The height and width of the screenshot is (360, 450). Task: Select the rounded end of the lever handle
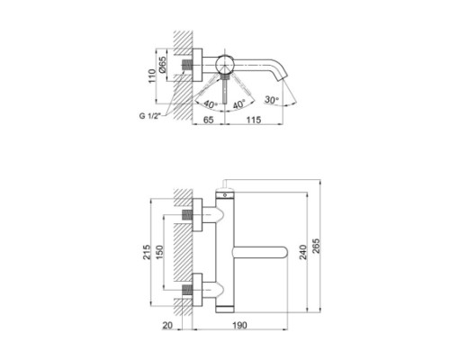282,255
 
